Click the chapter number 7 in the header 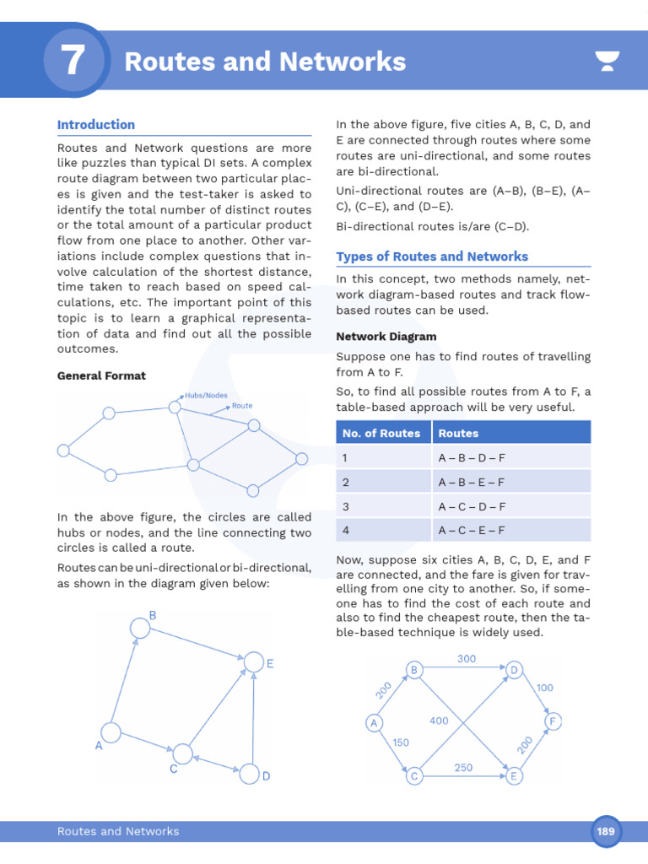(x=73, y=61)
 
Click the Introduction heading (x=95, y=125)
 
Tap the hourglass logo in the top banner (x=607, y=61)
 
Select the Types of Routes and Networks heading (x=432, y=256)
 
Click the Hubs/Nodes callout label (x=207, y=395)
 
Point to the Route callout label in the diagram (x=242, y=406)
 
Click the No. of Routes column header (x=381, y=433)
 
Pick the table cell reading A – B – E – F (x=471, y=482)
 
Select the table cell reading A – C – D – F (x=471, y=506)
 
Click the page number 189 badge (x=606, y=831)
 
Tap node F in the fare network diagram (x=553, y=722)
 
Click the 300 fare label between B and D (x=467, y=658)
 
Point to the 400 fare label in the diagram (x=439, y=721)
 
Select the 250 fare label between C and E (x=463, y=767)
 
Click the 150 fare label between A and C (x=401, y=742)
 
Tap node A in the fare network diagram (x=373, y=723)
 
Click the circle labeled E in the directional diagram (x=253, y=662)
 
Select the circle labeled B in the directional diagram (x=140, y=628)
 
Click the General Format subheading (x=101, y=375)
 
